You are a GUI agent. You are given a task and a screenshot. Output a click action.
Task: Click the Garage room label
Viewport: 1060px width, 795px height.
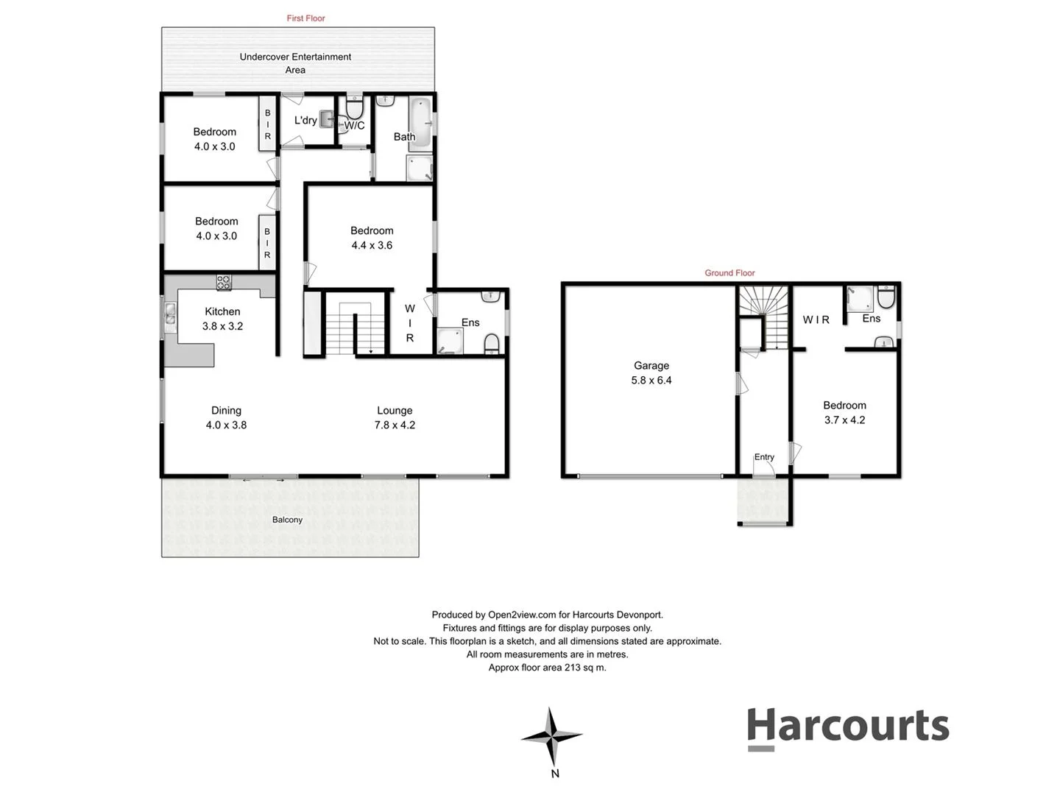[x=651, y=366]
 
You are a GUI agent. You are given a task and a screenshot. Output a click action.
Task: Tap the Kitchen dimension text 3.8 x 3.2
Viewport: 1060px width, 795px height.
[x=222, y=326]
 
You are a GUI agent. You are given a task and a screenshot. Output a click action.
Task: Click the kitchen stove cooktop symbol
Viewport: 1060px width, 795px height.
[x=223, y=282]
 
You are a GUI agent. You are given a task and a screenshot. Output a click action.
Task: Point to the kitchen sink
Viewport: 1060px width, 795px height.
[x=170, y=315]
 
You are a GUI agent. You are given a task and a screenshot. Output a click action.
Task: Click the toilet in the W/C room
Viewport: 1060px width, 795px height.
[x=355, y=110]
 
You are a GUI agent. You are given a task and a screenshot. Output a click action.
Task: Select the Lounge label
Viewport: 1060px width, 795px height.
[x=395, y=411]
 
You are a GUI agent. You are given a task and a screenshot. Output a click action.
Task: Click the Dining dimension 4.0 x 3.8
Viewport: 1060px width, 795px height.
[x=226, y=425]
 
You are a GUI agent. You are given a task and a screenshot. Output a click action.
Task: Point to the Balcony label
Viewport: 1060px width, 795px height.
[x=287, y=520]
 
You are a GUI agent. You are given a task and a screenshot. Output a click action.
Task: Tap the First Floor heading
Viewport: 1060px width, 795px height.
[x=305, y=18]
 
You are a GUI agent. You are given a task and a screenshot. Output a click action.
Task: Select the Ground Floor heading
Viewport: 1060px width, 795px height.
[x=729, y=273]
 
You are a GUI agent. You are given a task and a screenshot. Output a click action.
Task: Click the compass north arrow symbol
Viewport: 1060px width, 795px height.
[x=552, y=736]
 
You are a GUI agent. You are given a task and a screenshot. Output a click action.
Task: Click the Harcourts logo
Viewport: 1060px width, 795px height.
[x=847, y=727]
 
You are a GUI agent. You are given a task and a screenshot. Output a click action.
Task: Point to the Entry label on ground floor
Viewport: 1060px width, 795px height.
[x=764, y=457]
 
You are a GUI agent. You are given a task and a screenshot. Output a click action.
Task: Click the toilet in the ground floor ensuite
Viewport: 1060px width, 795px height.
[x=886, y=297]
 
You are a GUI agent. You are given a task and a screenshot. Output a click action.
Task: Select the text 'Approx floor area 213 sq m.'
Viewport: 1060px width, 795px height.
[x=547, y=668]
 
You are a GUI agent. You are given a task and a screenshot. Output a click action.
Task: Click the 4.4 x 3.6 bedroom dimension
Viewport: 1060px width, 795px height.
[x=372, y=245]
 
